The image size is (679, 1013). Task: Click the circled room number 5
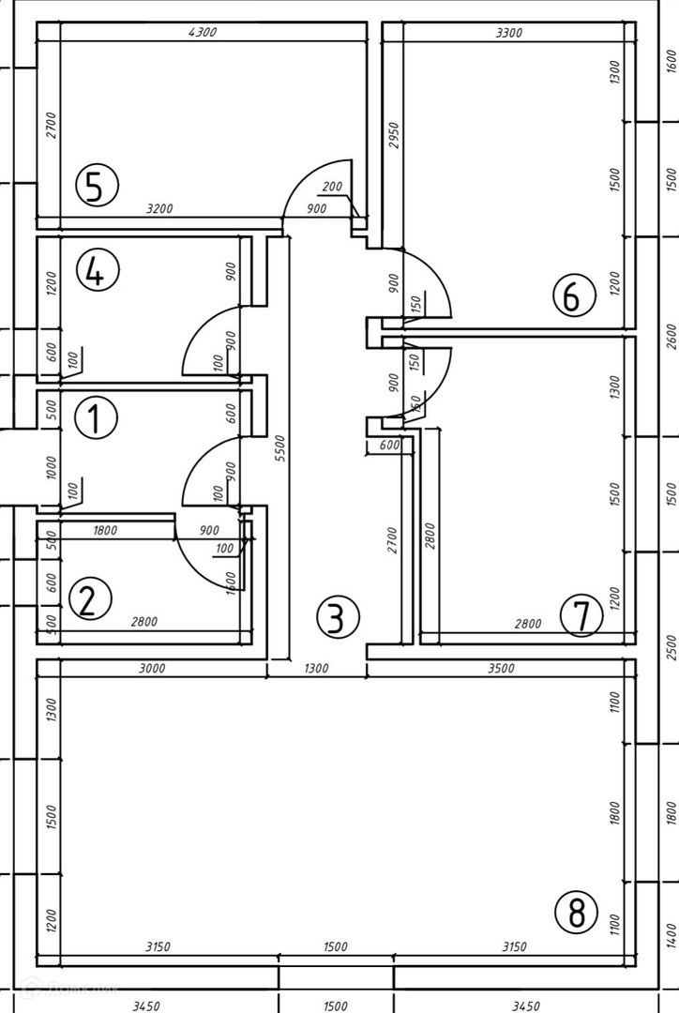click(96, 186)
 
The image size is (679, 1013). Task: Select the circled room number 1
click(95, 417)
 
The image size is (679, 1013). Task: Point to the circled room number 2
click(88, 598)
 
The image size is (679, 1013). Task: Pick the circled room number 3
click(338, 617)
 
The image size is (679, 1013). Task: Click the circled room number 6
click(573, 297)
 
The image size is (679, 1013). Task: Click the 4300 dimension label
click(203, 33)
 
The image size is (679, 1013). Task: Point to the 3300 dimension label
click(508, 33)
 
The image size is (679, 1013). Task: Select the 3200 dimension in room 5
click(159, 209)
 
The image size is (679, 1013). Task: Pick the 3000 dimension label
click(151, 668)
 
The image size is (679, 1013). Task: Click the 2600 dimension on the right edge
click(670, 336)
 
